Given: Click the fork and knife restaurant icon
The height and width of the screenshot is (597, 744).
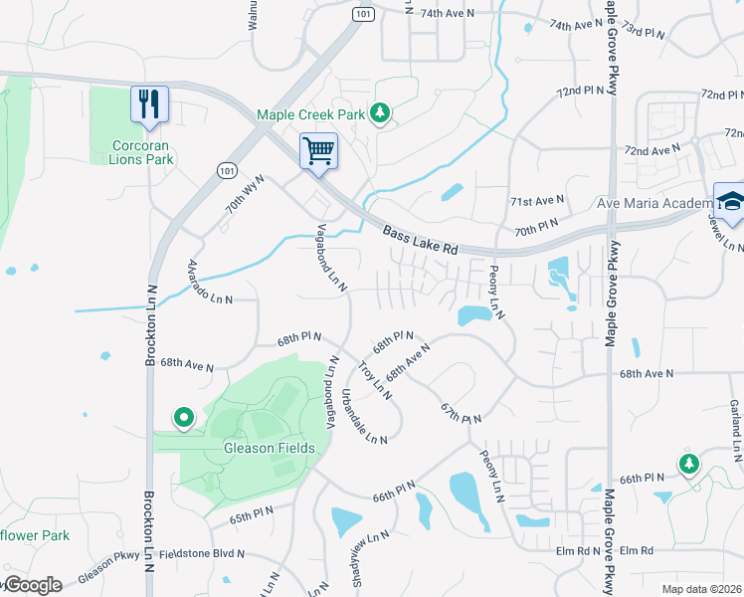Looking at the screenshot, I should pos(149,103).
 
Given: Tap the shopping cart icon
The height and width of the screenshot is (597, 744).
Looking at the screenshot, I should pos(318,152).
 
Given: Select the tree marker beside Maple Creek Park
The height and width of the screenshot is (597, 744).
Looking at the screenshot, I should pos(379,114).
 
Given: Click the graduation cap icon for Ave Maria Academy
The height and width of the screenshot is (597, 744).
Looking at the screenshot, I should pos(730,202).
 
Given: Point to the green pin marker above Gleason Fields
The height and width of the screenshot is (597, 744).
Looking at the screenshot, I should pos(183,418).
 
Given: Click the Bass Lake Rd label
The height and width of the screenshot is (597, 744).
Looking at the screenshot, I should pos(421,242).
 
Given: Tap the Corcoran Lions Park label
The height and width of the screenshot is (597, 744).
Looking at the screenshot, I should pos(143,152).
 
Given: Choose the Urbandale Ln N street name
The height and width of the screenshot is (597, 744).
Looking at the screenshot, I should pos(364,419).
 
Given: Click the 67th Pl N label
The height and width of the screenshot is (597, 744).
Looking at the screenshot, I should pos(463,411).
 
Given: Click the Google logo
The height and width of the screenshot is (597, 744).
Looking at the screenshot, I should pos(32,585).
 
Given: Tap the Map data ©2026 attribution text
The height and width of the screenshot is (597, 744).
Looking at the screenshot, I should pos(700,588).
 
